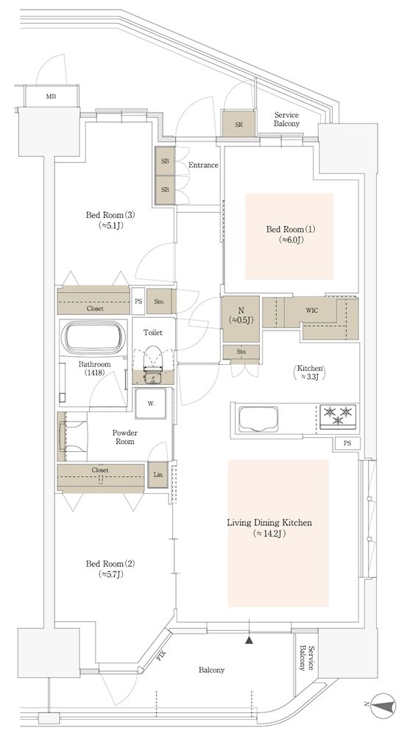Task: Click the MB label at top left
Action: click(x=51, y=97)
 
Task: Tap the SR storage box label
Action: click(x=239, y=124)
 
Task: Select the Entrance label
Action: click(x=203, y=165)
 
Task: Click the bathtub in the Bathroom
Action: click(x=94, y=336)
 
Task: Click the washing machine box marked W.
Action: click(x=151, y=403)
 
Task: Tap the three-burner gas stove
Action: click(x=339, y=416)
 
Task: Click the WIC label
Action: click(x=312, y=311)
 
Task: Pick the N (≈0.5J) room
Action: click(x=241, y=319)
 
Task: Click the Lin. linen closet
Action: click(x=158, y=475)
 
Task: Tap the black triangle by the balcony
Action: click(x=249, y=640)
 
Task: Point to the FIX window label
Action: click(x=161, y=654)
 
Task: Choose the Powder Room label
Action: click(x=124, y=437)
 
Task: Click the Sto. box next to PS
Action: click(x=159, y=301)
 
